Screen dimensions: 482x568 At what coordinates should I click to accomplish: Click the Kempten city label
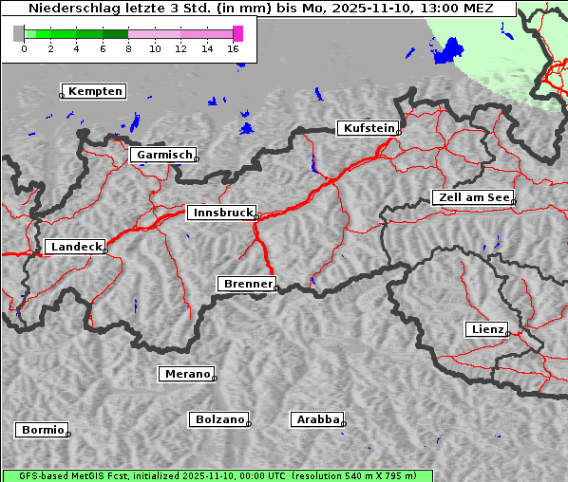[x=95, y=91]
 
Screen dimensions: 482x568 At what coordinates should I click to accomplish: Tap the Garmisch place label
[x=164, y=155]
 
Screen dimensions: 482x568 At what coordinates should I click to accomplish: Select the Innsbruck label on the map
[x=221, y=213]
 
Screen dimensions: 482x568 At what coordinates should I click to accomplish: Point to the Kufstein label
[x=368, y=128]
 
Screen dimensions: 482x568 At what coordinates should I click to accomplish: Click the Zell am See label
[x=473, y=197]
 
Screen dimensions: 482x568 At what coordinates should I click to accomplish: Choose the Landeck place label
[x=75, y=247]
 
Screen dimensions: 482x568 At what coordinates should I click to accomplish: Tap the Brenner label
[x=247, y=284]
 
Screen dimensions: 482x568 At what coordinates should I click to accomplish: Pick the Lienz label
[x=486, y=329]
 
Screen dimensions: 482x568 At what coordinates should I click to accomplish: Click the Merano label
[x=186, y=374]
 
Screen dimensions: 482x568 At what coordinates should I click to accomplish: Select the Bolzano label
[x=219, y=419]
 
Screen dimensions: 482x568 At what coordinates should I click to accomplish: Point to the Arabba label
[x=317, y=419]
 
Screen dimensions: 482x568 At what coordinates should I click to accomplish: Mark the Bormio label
[x=43, y=430]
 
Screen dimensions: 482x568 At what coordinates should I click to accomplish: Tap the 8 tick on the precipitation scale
[x=128, y=48]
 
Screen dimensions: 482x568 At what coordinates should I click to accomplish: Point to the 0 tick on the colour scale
[x=24, y=48]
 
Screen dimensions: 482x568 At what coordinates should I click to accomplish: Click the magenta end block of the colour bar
[x=237, y=33]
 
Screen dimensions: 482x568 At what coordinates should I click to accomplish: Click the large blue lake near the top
[x=444, y=51]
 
